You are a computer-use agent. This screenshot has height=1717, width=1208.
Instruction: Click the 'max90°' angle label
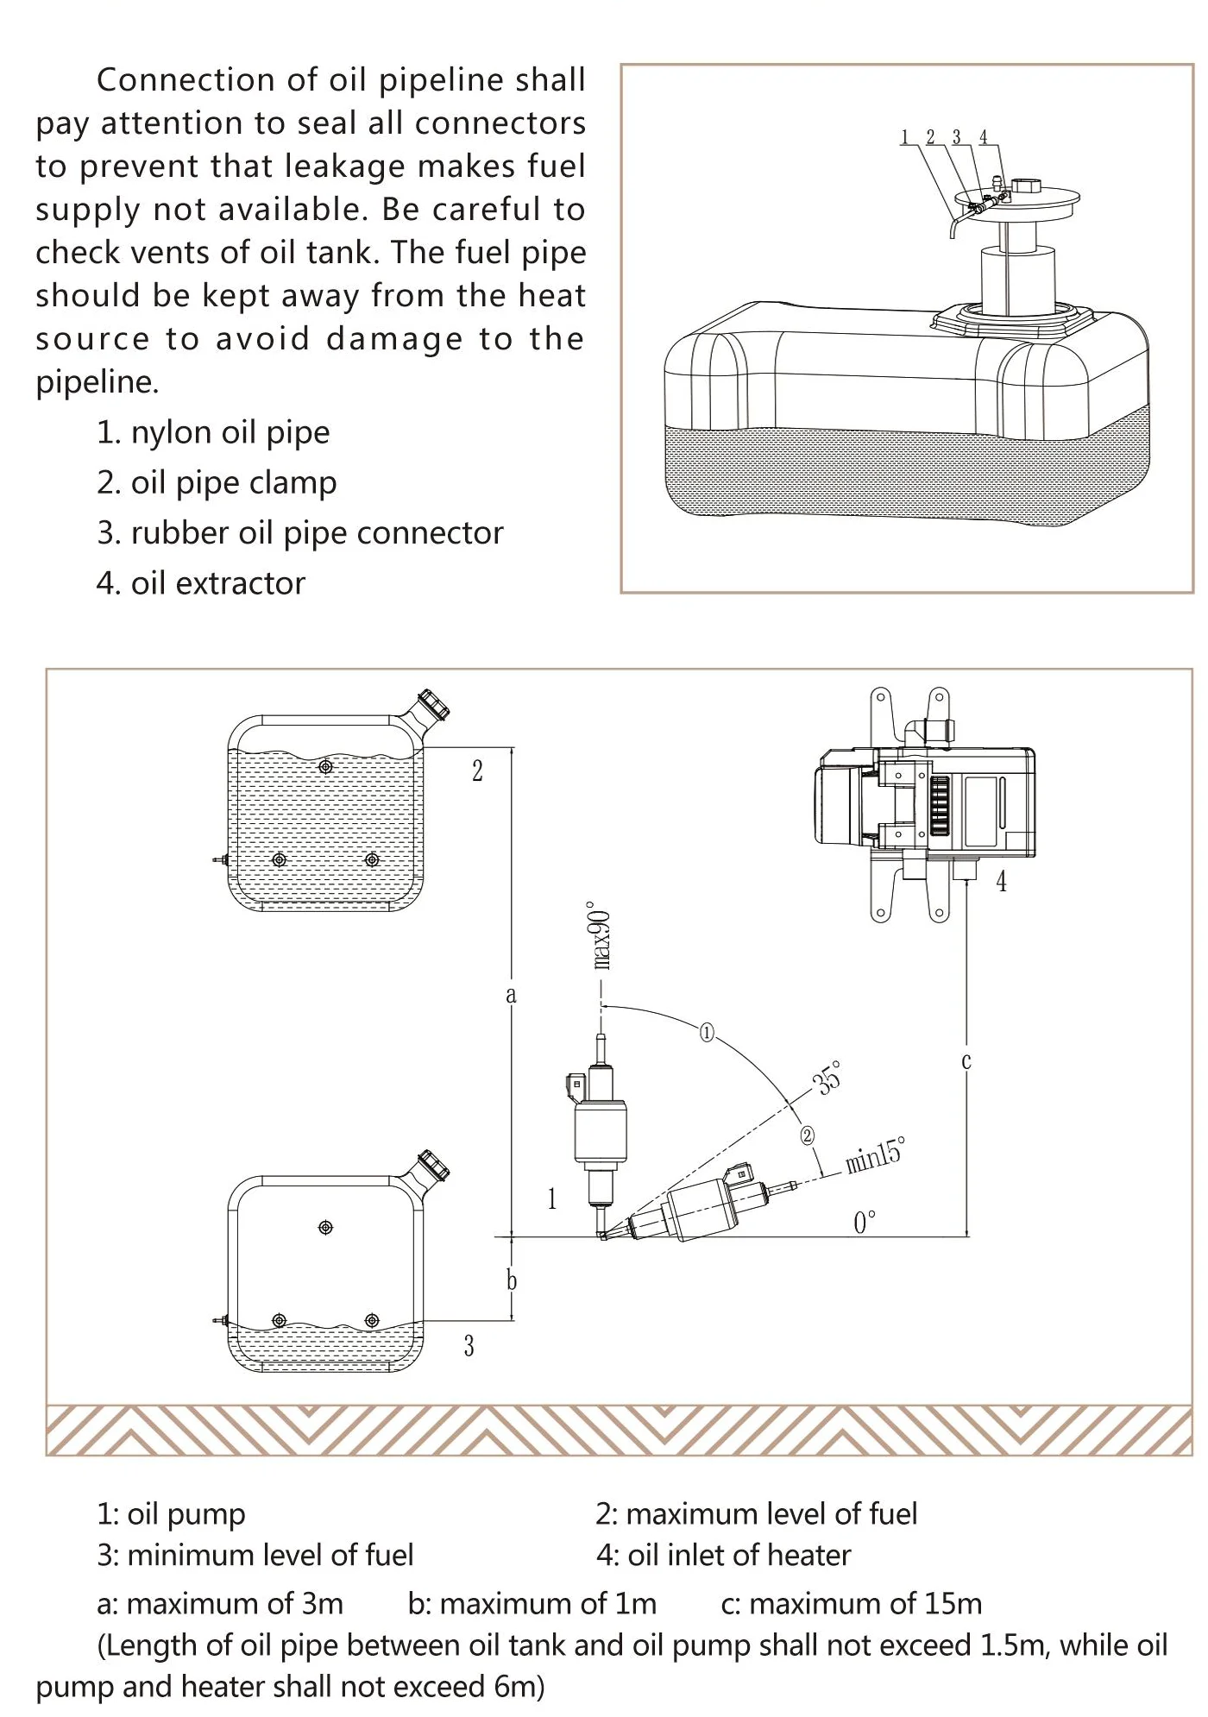point(601,939)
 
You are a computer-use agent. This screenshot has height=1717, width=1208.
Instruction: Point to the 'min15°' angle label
point(875,1154)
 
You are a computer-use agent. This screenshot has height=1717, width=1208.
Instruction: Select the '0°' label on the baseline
point(864,1222)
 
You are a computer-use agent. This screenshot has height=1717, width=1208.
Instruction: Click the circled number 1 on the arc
point(707,1032)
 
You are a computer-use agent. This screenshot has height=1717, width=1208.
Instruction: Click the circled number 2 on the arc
point(808,1135)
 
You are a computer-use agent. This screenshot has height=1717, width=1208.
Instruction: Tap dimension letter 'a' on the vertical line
point(511,995)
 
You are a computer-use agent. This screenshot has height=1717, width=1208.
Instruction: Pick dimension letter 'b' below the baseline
point(512,1280)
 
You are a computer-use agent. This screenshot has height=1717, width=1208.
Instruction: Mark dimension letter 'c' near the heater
point(966,1060)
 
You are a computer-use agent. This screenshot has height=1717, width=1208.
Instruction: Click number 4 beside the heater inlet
point(1001,881)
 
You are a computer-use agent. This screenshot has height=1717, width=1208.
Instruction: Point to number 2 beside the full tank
point(477,770)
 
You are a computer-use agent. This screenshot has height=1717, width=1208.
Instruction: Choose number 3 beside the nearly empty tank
point(469,1346)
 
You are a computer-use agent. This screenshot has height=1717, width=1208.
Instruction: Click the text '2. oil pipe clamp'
point(217,482)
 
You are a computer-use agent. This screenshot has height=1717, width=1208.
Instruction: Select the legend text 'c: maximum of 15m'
point(851,1603)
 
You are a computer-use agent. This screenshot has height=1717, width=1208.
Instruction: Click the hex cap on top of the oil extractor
point(1027,186)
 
